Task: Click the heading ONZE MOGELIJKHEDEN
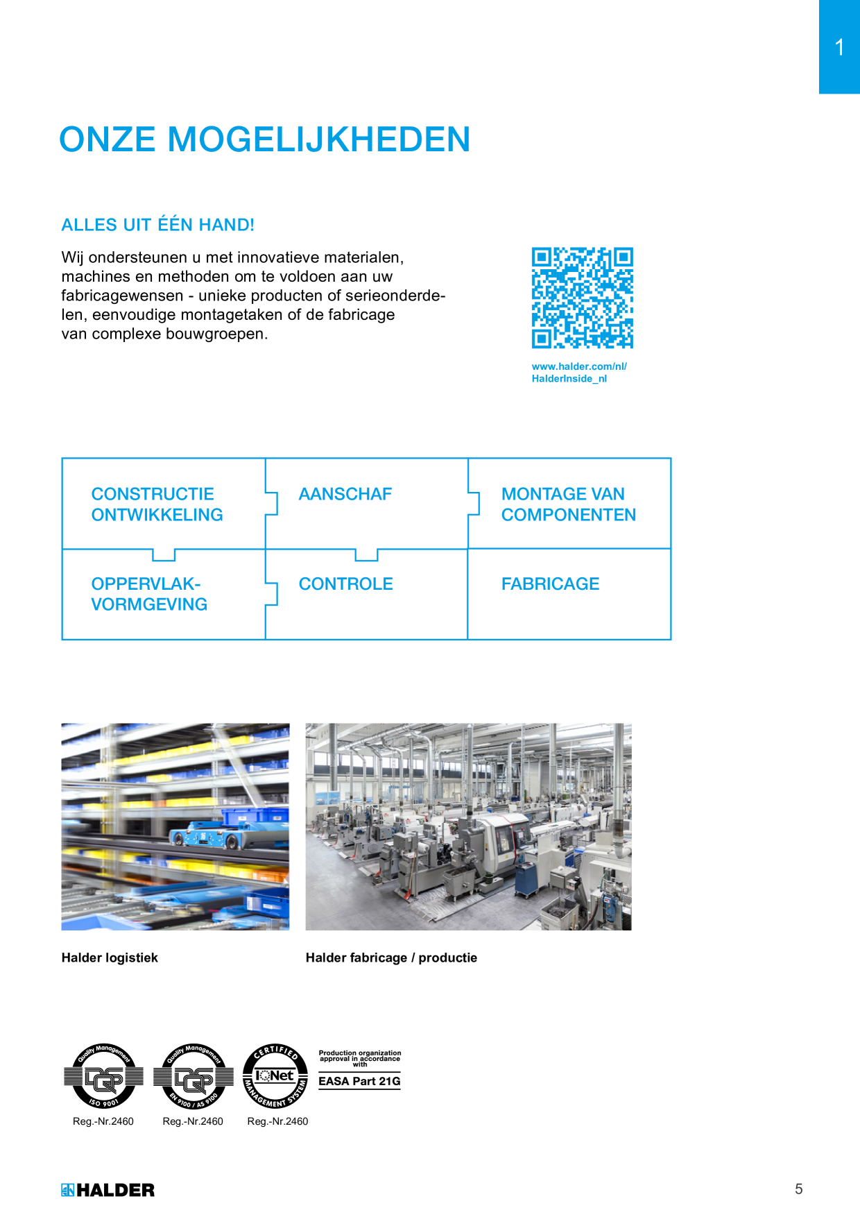(265, 139)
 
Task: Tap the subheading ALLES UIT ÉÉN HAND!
(158, 225)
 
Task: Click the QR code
(583, 298)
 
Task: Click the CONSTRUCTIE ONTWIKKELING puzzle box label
(157, 504)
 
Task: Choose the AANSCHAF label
(345, 494)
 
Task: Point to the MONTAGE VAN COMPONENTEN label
(569, 504)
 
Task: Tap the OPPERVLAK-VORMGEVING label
(149, 594)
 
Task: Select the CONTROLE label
(346, 584)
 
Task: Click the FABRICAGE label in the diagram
(551, 584)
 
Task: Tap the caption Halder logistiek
(110, 958)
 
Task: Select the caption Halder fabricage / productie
(391, 958)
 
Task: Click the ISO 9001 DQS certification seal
(103, 1076)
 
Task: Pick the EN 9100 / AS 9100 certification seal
(193, 1076)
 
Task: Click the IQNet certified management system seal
(275, 1076)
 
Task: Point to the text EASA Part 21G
(359, 1081)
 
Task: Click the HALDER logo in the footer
(108, 1190)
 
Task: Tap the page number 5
(799, 1189)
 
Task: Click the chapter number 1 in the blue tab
(839, 47)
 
